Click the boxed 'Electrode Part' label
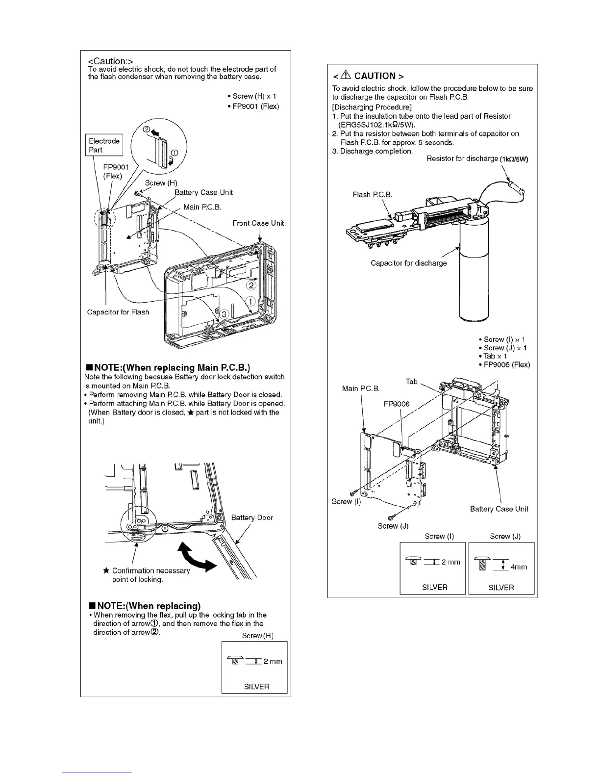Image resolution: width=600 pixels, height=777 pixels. [104, 145]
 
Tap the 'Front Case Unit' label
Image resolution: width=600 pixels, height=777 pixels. [258, 223]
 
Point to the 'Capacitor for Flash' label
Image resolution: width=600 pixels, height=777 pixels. [118, 312]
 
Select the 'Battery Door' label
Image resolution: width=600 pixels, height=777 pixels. [252, 518]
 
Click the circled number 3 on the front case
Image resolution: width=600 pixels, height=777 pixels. [224, 313]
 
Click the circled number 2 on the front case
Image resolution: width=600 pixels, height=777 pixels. [251, 285]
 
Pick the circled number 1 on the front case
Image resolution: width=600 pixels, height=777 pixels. [249, 301]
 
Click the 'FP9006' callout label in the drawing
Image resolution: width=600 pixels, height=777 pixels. [396, 404]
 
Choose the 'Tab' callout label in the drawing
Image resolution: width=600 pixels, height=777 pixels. [411, 381]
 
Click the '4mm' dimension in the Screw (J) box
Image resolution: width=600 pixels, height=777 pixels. [519, 567]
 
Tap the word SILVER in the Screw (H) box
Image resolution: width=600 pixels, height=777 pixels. [256, 686]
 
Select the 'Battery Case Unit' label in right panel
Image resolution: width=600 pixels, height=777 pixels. [499, 509]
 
